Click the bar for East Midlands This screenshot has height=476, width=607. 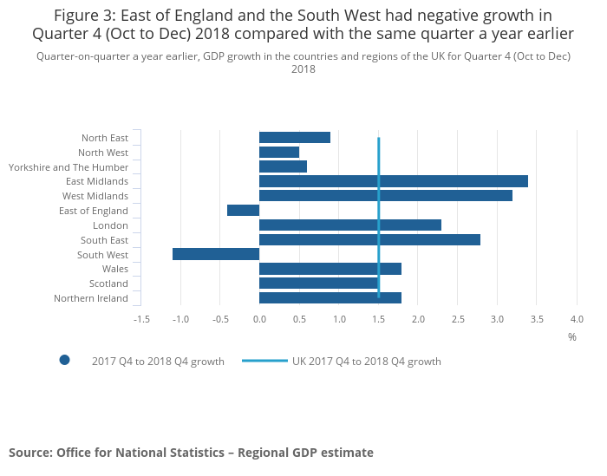(x=393, y=181)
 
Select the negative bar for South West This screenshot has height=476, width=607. (x=216, y=254)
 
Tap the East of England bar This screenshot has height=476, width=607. (x=243, y=211)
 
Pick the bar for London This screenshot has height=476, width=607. (x=349, y=225)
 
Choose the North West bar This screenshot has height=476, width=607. (x=278, y=153)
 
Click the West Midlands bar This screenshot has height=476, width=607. (x=385, y=196)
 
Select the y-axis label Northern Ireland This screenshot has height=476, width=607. (x=90, y=298)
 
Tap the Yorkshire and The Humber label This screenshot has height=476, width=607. (x=68, y=167)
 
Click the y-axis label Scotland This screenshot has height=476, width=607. (x=108, y=284)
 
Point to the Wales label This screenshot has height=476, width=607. (x=114, y=269)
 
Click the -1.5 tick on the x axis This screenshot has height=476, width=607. (x=140, y=320)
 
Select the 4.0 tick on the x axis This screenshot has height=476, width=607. (x=577, y=320)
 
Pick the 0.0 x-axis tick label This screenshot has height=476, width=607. (x=259, y=320)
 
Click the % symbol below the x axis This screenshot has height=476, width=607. (x=571, y=336)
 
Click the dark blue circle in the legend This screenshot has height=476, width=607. (x=64, y=361)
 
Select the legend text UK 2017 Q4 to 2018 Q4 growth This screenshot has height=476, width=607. (x=366, y=362)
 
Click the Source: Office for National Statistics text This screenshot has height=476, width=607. (x=191, y=453)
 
